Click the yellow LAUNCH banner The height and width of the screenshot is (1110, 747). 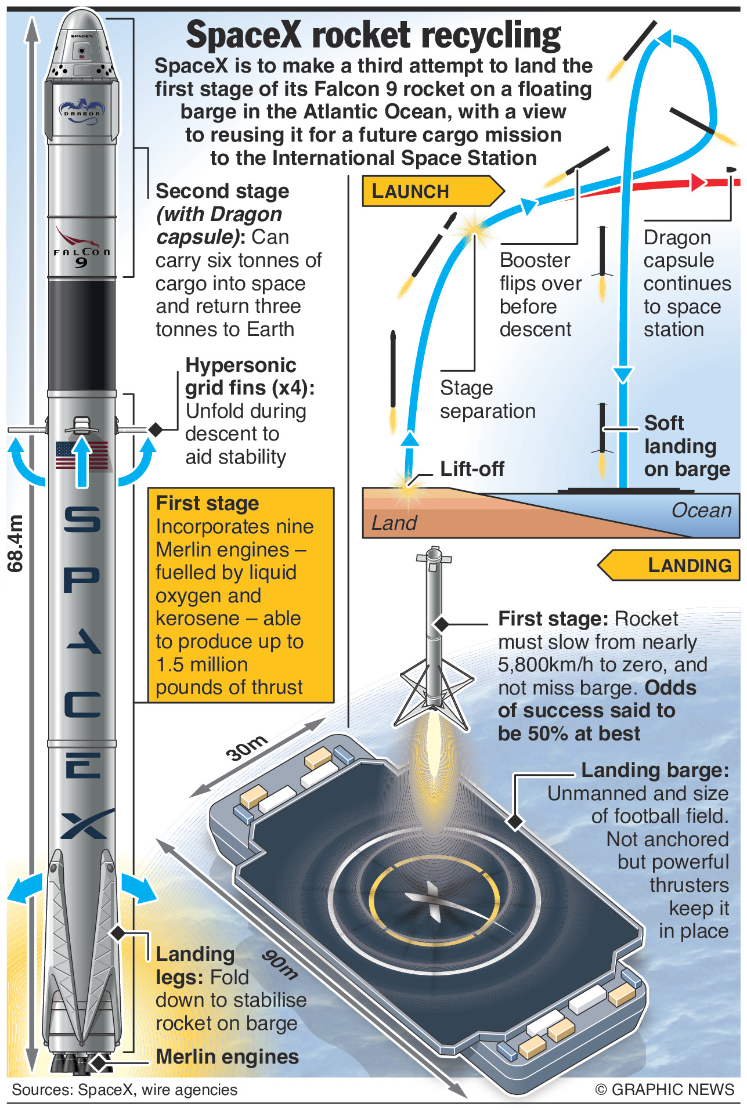[430, 191]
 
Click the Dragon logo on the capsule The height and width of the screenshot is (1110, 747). [82, 109]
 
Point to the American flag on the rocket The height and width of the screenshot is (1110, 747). [82, 455]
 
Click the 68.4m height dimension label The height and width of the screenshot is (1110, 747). [16, 543]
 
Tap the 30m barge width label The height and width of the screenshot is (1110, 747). [247, 748]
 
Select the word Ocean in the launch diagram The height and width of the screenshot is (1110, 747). [701, 511]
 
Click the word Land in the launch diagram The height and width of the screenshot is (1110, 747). [394, 523]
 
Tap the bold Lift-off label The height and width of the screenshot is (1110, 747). [472, 469]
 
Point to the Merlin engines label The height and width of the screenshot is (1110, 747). [227, 1057]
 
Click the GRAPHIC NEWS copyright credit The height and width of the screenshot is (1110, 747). [665, 1090]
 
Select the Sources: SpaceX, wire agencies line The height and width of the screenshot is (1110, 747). [124, 1090]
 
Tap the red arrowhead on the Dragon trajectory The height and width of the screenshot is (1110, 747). [698, 182]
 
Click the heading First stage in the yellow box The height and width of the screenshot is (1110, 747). [207, 503]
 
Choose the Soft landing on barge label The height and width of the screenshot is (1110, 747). [686, 446]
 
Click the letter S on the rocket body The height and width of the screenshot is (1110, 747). [82, 519]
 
